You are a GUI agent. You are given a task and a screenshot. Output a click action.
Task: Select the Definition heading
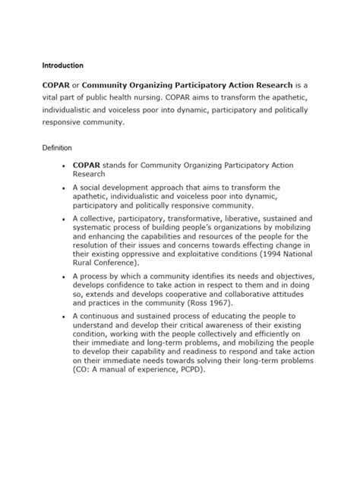(58, 147)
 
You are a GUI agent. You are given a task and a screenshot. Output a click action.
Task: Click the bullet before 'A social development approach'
(62, 186)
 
